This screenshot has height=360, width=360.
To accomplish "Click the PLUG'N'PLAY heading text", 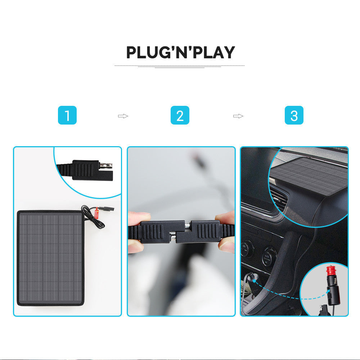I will pyautogui.click(x=180, y=53).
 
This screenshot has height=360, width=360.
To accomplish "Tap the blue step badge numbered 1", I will pyautogui.click(x=67, y=116).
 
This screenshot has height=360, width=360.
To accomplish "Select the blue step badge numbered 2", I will pyautogui.click(x=180, y=116).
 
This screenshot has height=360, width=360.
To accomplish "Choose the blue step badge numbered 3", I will pyautogui.click(x=294, y=116).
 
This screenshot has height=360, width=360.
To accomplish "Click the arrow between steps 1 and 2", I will pyautogui.click(x=123, y=116).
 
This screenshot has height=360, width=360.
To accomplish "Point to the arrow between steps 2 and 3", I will pyautogui.click(x=238, y=116).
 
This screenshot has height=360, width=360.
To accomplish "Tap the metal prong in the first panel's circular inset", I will pyautogui.click(x=107, y=166).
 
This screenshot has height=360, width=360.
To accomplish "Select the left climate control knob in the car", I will pyautogui.click(x=247, y=248).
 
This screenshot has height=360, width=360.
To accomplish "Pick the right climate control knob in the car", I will pyautogui.click(x=269, y=256).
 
